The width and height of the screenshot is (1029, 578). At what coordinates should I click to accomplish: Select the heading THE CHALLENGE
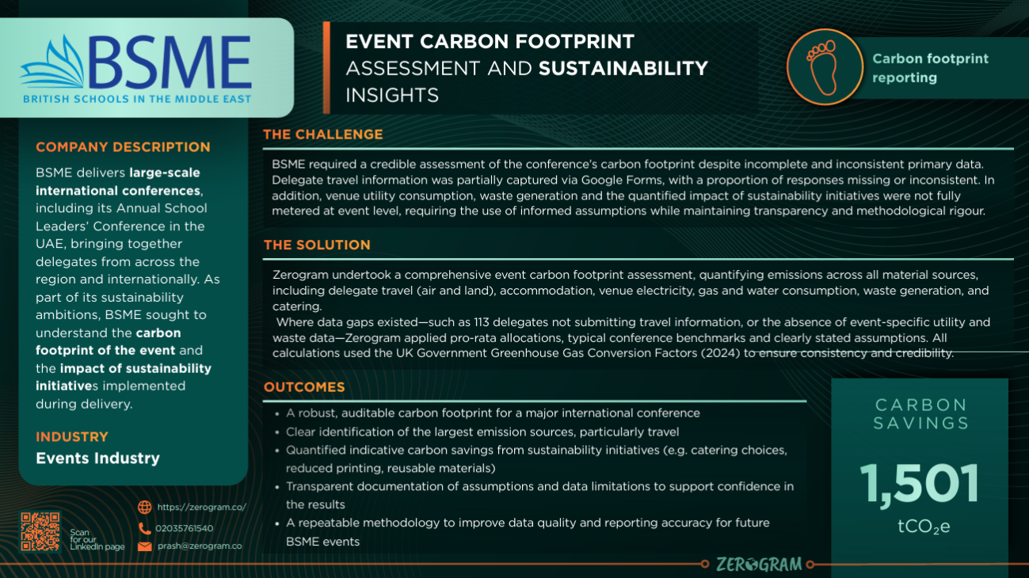323,135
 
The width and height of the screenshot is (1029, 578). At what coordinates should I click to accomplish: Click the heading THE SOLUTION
317,245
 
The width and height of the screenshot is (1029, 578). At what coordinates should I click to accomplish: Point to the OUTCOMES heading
304,387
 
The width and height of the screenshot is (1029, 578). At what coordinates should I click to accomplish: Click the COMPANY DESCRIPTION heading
123,147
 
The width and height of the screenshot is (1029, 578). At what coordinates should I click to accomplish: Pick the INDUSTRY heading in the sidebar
72,436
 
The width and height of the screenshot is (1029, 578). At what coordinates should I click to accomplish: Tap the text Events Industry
98,458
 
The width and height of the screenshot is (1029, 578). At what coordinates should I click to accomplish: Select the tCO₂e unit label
924,527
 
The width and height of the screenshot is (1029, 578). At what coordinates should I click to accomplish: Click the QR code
40,531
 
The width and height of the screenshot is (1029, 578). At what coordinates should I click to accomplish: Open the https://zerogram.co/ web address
202,508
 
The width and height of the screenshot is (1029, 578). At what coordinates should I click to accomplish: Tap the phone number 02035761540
185,528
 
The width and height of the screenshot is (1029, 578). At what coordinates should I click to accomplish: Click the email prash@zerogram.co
200,546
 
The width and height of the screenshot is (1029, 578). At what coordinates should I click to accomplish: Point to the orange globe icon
145,508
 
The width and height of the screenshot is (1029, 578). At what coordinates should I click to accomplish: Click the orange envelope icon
145,546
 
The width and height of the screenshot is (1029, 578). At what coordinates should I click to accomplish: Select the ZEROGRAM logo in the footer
759,565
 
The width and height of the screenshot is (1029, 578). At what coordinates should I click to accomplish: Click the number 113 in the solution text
482,322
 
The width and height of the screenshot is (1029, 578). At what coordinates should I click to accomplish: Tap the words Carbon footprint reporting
930,68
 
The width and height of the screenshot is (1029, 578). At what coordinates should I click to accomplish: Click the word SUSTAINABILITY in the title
623,68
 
